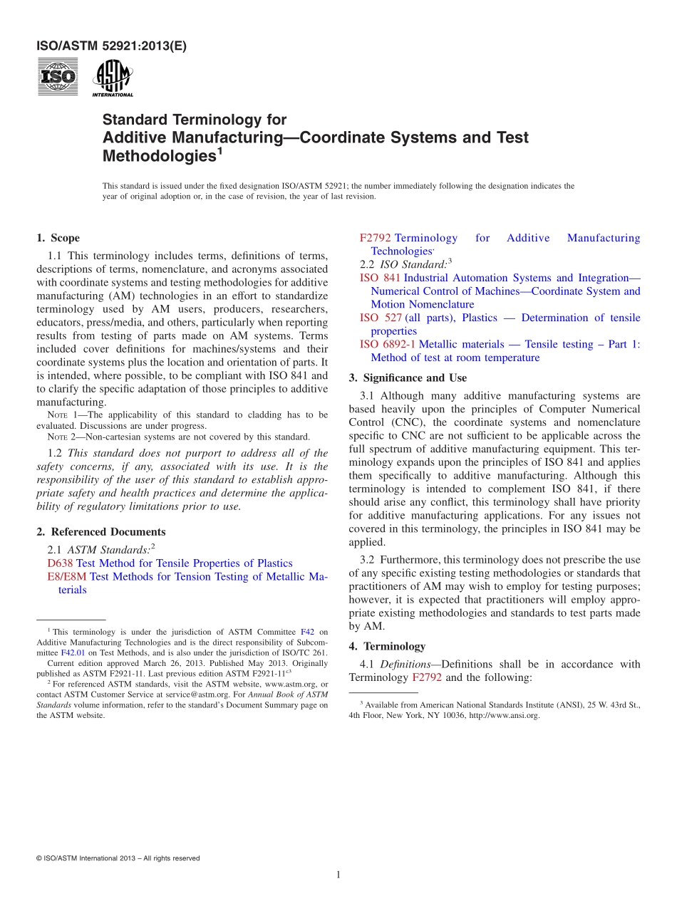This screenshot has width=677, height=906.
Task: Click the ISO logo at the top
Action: tap(58, 77)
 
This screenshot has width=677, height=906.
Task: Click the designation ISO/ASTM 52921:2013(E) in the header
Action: tap(111, 47)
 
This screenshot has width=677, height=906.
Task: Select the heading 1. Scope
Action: tap(58, 238)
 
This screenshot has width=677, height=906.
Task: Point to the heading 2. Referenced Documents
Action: tap(100, 532)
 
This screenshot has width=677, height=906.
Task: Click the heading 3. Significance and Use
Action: tap(408, 377)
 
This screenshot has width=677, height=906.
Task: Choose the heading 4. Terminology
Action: tap(387, 647)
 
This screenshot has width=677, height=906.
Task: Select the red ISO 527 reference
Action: tap(381, 318)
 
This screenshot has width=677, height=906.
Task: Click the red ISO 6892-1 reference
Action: tap(388, 345)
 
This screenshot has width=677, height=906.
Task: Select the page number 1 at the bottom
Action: tap(338, 875)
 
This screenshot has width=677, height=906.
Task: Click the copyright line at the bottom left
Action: tap(118, 858)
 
